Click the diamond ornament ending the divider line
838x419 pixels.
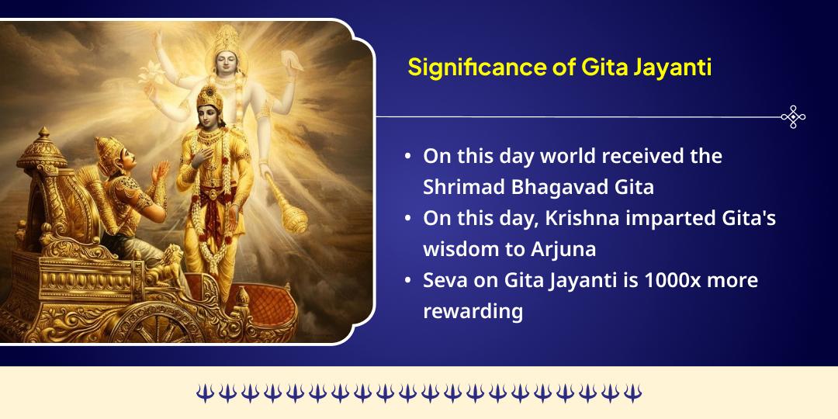point(792,117)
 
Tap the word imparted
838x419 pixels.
point(666,219)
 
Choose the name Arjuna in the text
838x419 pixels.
point(553,249)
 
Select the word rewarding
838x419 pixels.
point(473,312)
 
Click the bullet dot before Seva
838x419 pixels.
point(408,281)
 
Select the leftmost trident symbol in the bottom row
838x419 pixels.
point(204,393)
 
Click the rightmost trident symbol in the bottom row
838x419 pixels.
point(633,393)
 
